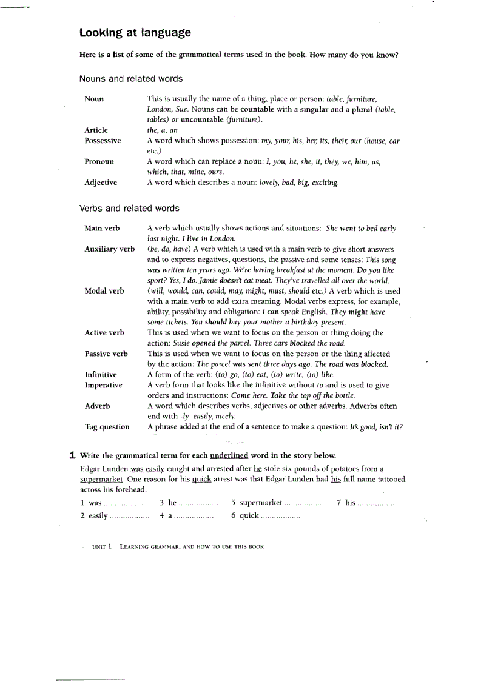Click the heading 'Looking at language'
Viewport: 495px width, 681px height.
click(x=135, y=33)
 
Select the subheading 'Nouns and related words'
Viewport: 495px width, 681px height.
click(x=130, y=79)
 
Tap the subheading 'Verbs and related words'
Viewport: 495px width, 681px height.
click(x=129, y=209)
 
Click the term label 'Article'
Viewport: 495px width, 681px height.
click(x=96, y=130)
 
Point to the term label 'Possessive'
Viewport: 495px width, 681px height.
click(x=103, y=141)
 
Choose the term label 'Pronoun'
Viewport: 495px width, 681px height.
click(x=99, y=162)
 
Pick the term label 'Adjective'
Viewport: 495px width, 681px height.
click(x=101, y=183)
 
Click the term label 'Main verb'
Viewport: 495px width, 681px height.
click(x=102, y=229)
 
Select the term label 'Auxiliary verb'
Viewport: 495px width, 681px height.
click(x=109, y=249)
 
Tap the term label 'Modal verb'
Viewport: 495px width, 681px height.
click(x=104, y=291)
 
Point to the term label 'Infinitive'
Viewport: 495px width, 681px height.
click(x=101, y=375)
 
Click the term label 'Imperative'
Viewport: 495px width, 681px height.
click(x=103, y=385)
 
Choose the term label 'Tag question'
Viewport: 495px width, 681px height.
click(x=107, y=427)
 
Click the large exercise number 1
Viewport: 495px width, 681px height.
click(x=72, y=455)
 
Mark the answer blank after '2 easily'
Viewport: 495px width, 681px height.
click(x=129, y=517)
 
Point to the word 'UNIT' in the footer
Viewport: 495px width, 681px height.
click(x=99, y=547)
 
